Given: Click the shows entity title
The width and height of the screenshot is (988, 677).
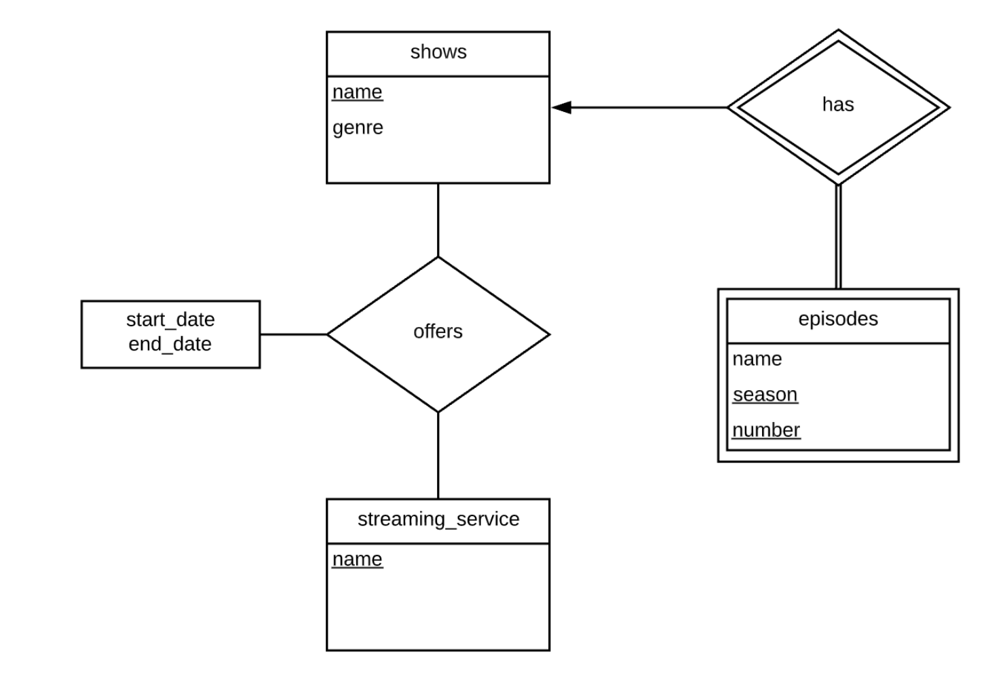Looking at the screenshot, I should pyautogui.click(x=438, y=52).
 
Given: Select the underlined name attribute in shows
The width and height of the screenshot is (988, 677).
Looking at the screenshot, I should pyautogui.click(x=358, y=92).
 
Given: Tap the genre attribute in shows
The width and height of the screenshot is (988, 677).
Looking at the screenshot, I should pyautogui.click(x=358, y=128).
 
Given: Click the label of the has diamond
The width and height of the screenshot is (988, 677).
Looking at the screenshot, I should pyautogui.click(x=838, y=104).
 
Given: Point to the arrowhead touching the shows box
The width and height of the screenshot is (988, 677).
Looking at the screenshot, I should pyautogui.click(x=561, y=107).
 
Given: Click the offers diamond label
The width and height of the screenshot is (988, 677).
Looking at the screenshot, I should pyautogui.click(x=438, y=332).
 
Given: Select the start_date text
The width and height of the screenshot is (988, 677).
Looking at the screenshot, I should pyautogui.click(x=170, y=320).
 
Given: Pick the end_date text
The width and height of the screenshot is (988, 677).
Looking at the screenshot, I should pyautogui.click(x=170, y=344).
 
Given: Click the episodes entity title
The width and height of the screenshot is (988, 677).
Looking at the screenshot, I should pyautogui.click(x=838, y=319).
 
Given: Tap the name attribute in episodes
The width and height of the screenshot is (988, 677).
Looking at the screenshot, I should pyautogui.click(x=757, y=359).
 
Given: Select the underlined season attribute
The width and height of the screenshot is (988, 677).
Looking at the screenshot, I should pyautogui.click(x=765, y=394).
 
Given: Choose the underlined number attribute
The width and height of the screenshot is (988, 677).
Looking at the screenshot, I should pyautogui.click(x=766, y=430).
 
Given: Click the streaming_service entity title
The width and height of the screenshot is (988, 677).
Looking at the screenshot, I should pyautogui.click(x=438, y=519).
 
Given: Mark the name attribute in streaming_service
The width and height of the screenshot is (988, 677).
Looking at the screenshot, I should pyautogui.click(x=358, y=559).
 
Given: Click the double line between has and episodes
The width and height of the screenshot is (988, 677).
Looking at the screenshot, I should pyautogui.click(x=838, y=237).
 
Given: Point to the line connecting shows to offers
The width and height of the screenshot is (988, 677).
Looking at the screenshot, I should pyautogui.click(x=438, y=220).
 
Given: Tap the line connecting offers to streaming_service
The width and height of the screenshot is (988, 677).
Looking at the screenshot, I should pyautogui.click(x=438, y=455).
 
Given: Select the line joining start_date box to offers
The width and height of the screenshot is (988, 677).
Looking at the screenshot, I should pyautogui.click(x=293, y=334).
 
